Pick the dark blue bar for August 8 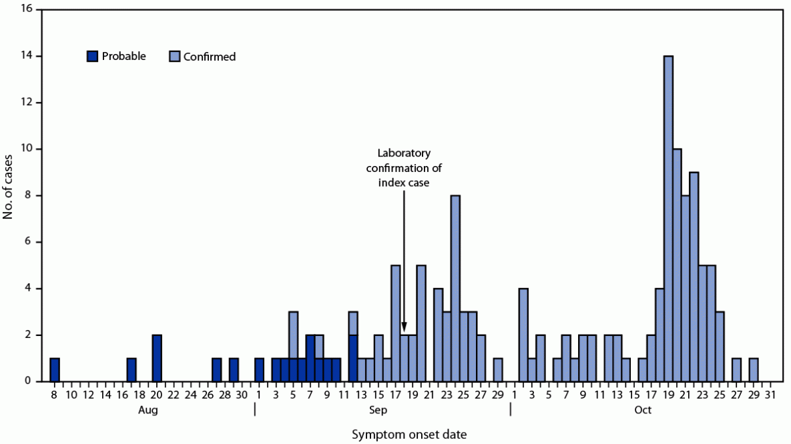(55, 370)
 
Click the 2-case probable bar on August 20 (157, 358)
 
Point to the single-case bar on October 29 (753, 370)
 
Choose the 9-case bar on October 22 (694, 277)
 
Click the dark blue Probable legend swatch (92, 57)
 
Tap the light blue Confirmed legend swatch (175, 57)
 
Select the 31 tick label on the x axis (770, 394)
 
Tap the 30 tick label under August (242, 394)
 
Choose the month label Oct (642, 410)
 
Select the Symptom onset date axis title (409, 435)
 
